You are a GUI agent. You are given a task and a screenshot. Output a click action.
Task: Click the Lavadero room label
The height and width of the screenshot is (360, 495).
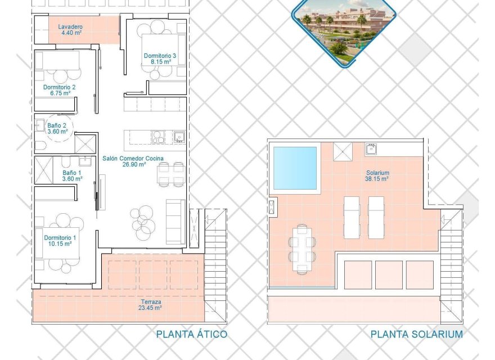click(x=70, y=26)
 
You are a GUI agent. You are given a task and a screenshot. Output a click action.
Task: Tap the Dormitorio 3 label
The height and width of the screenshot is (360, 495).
click(x=160, y=56)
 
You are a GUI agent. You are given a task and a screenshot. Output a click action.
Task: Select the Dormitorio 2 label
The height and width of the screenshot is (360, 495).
click(x=59, y=87)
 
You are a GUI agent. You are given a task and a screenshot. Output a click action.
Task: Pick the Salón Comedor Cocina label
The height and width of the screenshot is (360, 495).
click(x=133, y=159)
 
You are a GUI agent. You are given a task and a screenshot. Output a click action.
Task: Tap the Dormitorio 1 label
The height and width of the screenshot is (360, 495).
click(x=60, y=237)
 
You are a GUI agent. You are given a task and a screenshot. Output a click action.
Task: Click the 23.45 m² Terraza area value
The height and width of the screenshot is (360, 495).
click(x=150, y=308)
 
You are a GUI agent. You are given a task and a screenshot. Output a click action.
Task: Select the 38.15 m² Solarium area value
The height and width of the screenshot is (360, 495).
click(x=376, y=179)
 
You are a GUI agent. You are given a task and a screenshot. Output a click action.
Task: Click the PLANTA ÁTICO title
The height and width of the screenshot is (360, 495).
click(x=192, y=335)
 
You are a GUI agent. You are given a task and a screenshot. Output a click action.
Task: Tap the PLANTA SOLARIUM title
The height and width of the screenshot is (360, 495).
click(x=417, y=335)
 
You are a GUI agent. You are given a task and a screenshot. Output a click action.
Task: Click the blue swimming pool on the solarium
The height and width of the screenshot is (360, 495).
click(x=295, y=168)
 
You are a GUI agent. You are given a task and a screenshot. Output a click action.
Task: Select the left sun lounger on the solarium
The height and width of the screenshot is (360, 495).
click(x=352, y=217)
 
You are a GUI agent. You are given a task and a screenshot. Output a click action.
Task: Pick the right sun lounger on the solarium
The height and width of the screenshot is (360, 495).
click(x=376, y=217)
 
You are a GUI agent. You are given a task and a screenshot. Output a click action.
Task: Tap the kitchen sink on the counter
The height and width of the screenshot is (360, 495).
click(x=179, y=137)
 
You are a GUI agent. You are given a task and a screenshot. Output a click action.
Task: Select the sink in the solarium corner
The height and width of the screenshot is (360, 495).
click(x=372, y=148)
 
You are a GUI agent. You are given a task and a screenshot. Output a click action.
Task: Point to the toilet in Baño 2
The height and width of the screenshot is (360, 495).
click(x=40, y=145)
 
